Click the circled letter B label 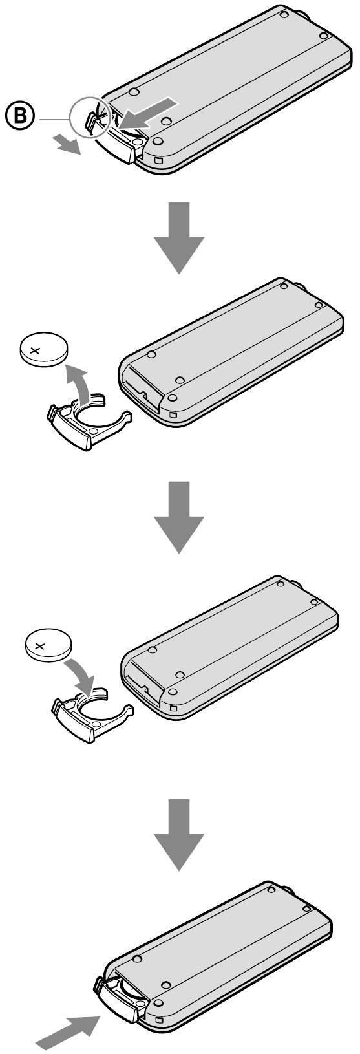pyautogui.click(x=20, y=116)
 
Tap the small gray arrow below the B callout pyautogui.click(x=67, y=144)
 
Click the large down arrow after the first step pyautogui.click(x=179, y=237)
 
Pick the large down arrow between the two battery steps pyautogui.click(x=179, y=517)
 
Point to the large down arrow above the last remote pyautogui.click(x=179, y=834)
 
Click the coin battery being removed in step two pyautogui.click(x=43, y=349)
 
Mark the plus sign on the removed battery pyautogui.click(x=35, y=350)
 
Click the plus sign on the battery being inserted pyautogui.click(x=40, y=646)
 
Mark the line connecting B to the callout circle pyautogui.click(x=54, y=120)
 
